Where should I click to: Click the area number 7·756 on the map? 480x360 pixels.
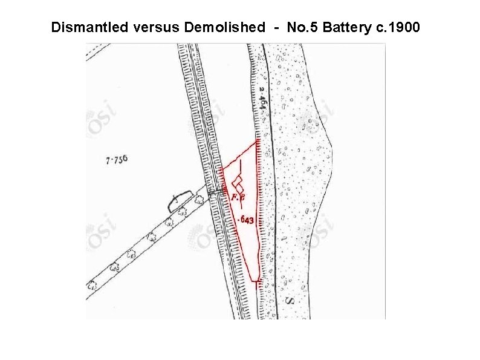(117, 160)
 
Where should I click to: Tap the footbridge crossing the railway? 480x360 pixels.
(215, 192)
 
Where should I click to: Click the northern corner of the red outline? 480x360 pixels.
(258, 140)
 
